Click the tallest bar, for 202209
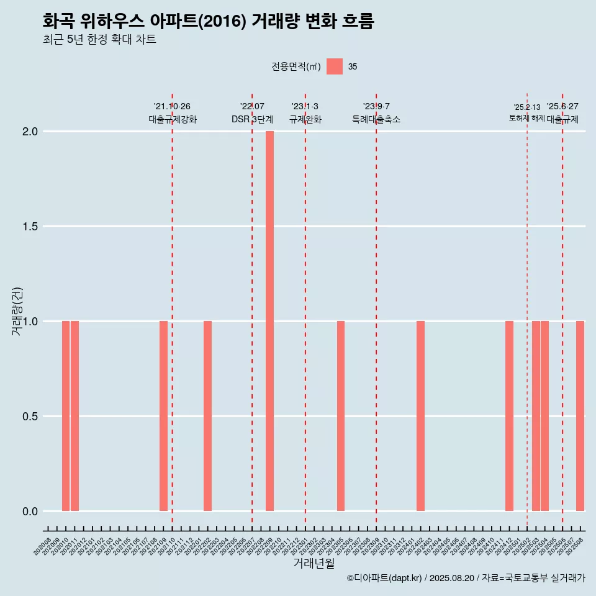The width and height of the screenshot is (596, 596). (x=269, y=321)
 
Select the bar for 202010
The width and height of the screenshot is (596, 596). (x=66, y=416)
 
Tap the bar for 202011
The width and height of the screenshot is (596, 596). (x=74, y=416)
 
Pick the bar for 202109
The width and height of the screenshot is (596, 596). (x=163, y=416)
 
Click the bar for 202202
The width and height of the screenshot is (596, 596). (x=207, y=416)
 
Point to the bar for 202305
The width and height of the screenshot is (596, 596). (x=341, y=416)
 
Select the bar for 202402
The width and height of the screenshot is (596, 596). (x=420, y=416)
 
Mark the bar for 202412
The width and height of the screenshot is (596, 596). (x=509, y=416)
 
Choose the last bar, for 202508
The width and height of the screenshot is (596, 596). (x=580, y=416)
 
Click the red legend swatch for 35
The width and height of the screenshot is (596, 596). (x=335, y=66)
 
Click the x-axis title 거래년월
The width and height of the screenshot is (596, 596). (x=314, y=564)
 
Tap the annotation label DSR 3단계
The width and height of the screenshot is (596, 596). (x=252, y=119)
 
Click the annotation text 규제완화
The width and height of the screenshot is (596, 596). (x=305, y=119)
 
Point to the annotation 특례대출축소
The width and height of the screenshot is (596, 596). (x=376, y=119)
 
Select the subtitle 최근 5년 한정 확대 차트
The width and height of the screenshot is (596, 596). (x=99, y=40)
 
